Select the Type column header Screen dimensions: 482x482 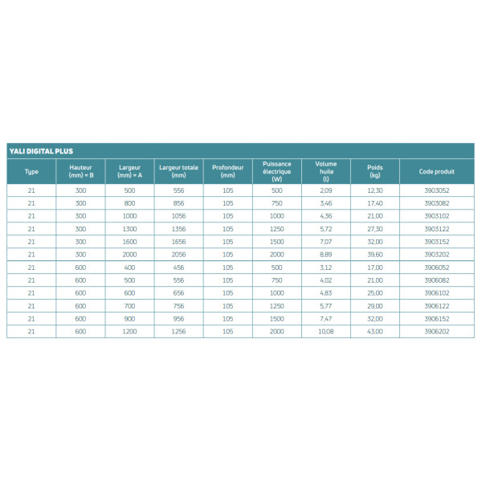(x=31, y=171)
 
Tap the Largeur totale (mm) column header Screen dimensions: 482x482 (x=178, y=171)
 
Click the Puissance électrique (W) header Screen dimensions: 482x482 (x=277, y=171)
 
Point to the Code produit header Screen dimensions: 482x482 (x=437, y=171)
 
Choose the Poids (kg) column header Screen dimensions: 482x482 (x=374, y=171)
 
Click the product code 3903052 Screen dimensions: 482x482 (x=437, y=191)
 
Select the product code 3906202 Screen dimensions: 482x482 (x=437, y=332)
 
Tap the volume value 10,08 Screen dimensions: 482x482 (x=326, y=332)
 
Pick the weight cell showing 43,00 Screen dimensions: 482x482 (x=374, y=332)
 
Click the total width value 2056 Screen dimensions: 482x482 (x=178, y=255)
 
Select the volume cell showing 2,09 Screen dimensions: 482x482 (x=326, y=191)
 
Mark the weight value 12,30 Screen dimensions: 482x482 (x=374, y=191)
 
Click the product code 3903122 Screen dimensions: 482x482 (x=437, y=229)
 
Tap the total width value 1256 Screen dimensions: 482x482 (x=178, y=332)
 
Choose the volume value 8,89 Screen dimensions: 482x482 (x=326, y=255)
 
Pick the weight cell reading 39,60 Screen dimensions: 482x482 (x=374, y=255)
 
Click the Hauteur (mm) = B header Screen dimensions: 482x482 (x=80, y=171)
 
